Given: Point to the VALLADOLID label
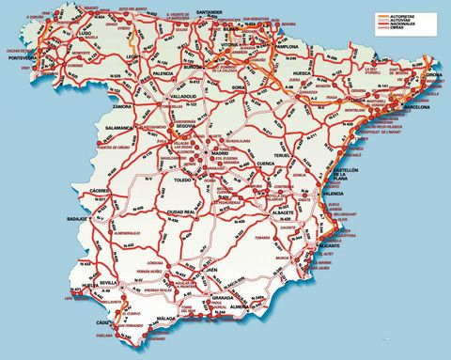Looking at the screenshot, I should pyautogui.click(x=163, y=97).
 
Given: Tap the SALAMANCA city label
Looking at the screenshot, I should pyautogui.click(x=119, y=126).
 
